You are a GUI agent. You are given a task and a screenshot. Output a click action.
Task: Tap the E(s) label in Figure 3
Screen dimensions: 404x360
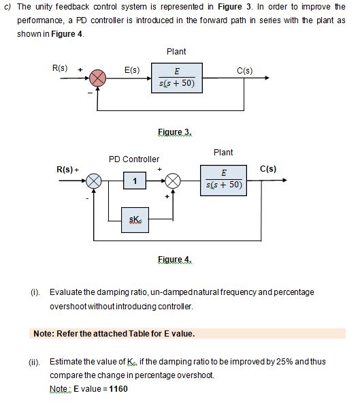[x=132, y=69]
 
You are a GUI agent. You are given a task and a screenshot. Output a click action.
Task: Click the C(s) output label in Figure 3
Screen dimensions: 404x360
[x=245, y=69]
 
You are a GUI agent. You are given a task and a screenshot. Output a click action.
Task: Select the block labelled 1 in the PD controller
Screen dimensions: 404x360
[x=135, y=181]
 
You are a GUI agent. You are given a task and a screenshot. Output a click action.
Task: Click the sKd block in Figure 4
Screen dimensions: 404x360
[x=135, y=219]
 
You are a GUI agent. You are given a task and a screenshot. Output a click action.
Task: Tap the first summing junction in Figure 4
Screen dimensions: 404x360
[x=93, y=181]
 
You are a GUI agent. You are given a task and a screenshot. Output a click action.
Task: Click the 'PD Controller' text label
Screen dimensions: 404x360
[x=134, y=159]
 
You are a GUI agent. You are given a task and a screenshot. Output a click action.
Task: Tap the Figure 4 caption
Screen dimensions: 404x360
[x=175, y=260]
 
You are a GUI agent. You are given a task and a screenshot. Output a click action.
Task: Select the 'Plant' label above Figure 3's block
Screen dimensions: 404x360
[x=176, y=52]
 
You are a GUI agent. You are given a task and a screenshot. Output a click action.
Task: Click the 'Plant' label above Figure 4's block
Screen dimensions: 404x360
[x=223, y=153]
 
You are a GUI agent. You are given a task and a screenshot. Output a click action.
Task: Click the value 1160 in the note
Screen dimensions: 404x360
[x=116, y=389]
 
